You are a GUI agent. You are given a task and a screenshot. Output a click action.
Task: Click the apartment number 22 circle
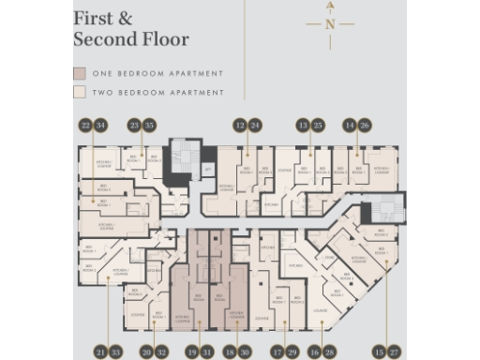point(86,125)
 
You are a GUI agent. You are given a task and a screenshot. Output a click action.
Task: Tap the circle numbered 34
point(101,125)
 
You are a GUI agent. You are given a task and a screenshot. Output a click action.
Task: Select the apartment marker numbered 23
point(135,125)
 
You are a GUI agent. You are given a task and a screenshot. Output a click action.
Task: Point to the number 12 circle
point(240,125)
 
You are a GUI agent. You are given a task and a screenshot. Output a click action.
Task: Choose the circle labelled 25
point(318,125)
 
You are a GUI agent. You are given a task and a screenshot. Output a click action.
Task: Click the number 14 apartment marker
point(350,125)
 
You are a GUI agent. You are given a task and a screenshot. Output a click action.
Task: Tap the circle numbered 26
point(365,125)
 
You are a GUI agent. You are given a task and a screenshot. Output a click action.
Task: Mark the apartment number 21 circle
point(100,352)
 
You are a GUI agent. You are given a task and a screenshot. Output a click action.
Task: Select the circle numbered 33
point(115,352)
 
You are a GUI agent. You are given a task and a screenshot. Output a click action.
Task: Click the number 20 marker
point(147,352)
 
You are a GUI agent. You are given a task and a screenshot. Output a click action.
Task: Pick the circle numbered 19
point(191,352)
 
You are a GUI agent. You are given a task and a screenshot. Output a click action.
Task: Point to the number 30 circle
point(246,352)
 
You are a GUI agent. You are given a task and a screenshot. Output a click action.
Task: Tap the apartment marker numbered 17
point(277,352)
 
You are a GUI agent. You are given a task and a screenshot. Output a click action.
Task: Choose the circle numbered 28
point(329,352)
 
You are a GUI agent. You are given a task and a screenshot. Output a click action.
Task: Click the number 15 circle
point(379,352)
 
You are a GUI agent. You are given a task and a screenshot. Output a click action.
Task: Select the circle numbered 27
point(394,352)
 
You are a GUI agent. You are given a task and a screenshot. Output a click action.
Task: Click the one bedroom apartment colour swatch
point(80,73)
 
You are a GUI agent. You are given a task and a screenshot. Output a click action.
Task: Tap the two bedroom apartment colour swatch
point(80,93)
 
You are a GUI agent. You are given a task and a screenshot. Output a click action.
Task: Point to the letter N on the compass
point(330,24)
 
